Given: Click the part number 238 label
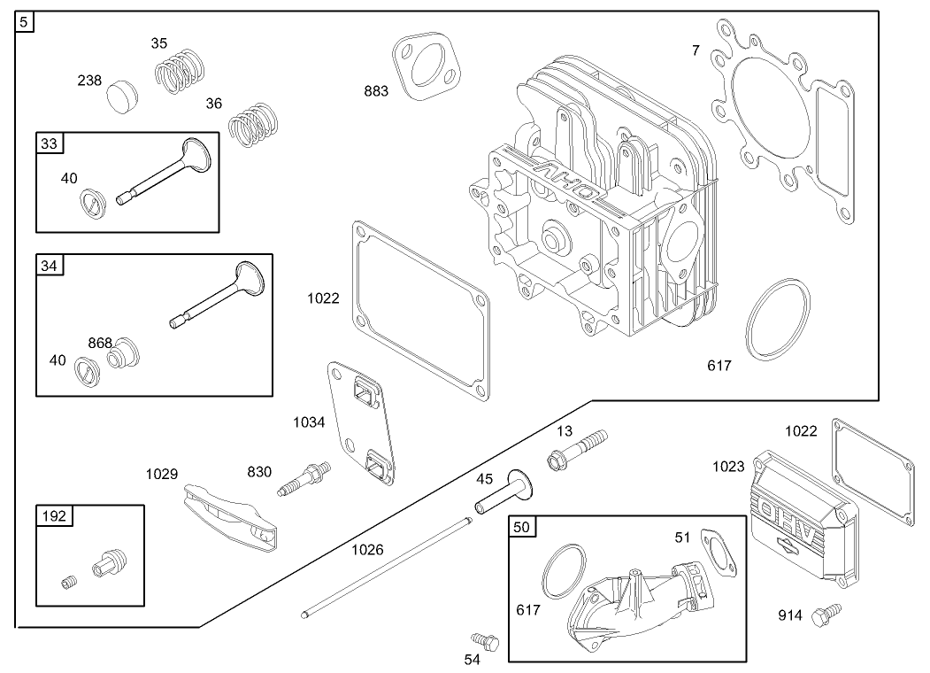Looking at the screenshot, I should (89, 80).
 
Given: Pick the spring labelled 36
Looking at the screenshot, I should (254, 123).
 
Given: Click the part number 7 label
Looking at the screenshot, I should (696, 50).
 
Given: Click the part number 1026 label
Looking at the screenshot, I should (367, 550).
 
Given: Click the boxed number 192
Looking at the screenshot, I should (51, 515).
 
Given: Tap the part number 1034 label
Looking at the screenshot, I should (310, 422).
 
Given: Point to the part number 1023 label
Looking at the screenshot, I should (728, 467).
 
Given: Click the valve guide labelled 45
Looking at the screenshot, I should (499, 494).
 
